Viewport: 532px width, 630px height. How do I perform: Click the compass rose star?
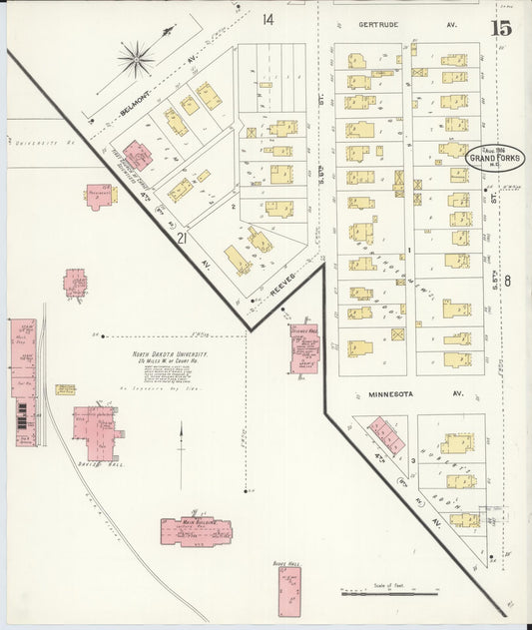point(136,58)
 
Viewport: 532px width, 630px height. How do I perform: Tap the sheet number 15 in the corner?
point(500,27)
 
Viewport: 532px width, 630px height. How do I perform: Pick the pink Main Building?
point(196,532)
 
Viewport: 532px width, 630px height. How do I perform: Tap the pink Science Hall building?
point(303,348)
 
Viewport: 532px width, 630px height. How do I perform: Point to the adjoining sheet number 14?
point(268,20)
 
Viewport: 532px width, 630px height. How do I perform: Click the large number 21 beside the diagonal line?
point(182,239)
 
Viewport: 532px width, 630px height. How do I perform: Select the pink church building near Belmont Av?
point(137,157)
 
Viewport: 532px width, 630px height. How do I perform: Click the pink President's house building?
point(99,196)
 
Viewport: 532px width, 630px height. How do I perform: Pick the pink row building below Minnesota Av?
point(386,436)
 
